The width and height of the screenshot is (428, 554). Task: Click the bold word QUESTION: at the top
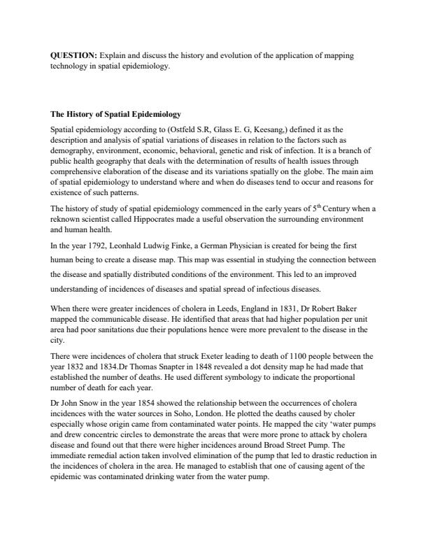[x=74, y=54]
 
